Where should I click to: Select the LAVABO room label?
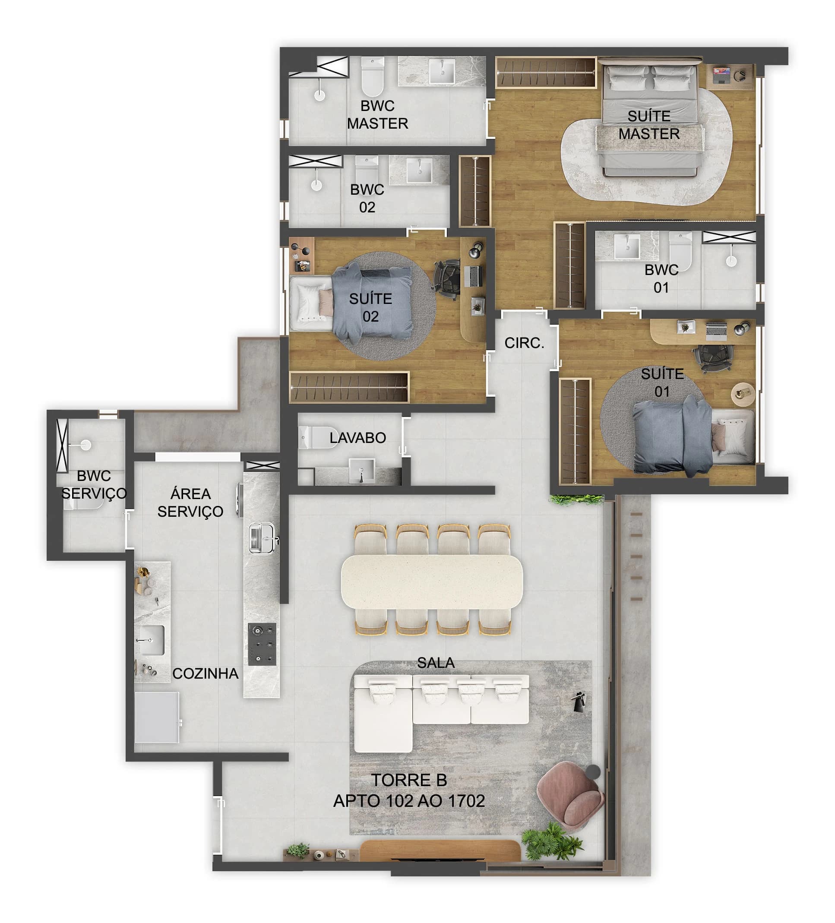(357, 438)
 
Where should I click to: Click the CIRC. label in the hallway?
(524, 343)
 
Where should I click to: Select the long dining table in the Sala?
(431, 581)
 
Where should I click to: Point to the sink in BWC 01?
(626, 247)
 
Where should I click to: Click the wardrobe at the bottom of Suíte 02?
(349, 387)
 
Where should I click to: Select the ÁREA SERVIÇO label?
(190, 503)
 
